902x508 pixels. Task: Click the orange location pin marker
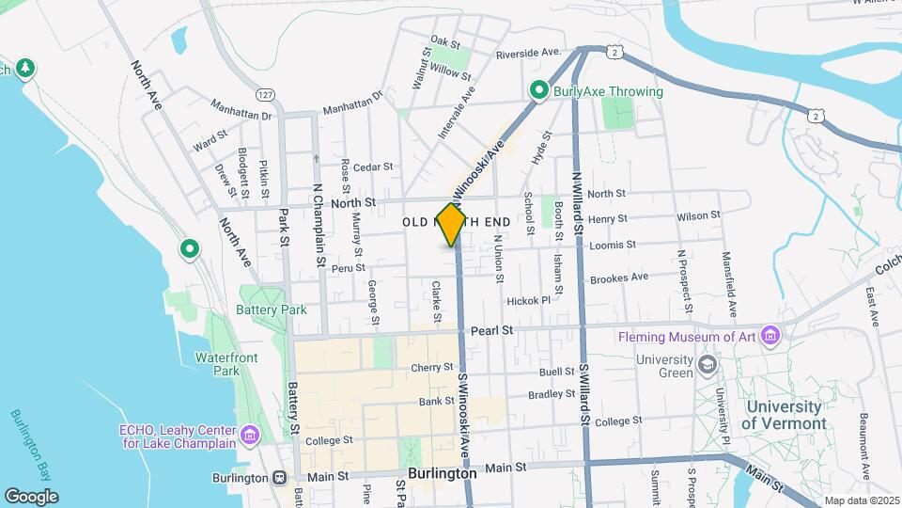pos(451,224)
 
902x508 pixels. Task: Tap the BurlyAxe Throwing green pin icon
pos(538,91)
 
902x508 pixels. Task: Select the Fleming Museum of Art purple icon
pos(770,336)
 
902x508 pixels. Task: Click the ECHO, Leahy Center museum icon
pos(249,434)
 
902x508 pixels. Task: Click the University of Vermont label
pos(784,415)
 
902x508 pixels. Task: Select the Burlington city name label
pos(443,474)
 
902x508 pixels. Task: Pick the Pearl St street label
pos(492,330)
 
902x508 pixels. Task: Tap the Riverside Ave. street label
pos(528,53)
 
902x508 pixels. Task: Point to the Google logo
pos(31,496)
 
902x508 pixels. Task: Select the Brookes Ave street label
pos(619,277)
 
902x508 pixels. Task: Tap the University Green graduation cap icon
pos(705,364)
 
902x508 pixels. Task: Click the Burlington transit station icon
pos(280,476)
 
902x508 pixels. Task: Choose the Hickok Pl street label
pos(527,301)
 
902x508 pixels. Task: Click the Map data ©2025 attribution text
pos(861,500)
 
